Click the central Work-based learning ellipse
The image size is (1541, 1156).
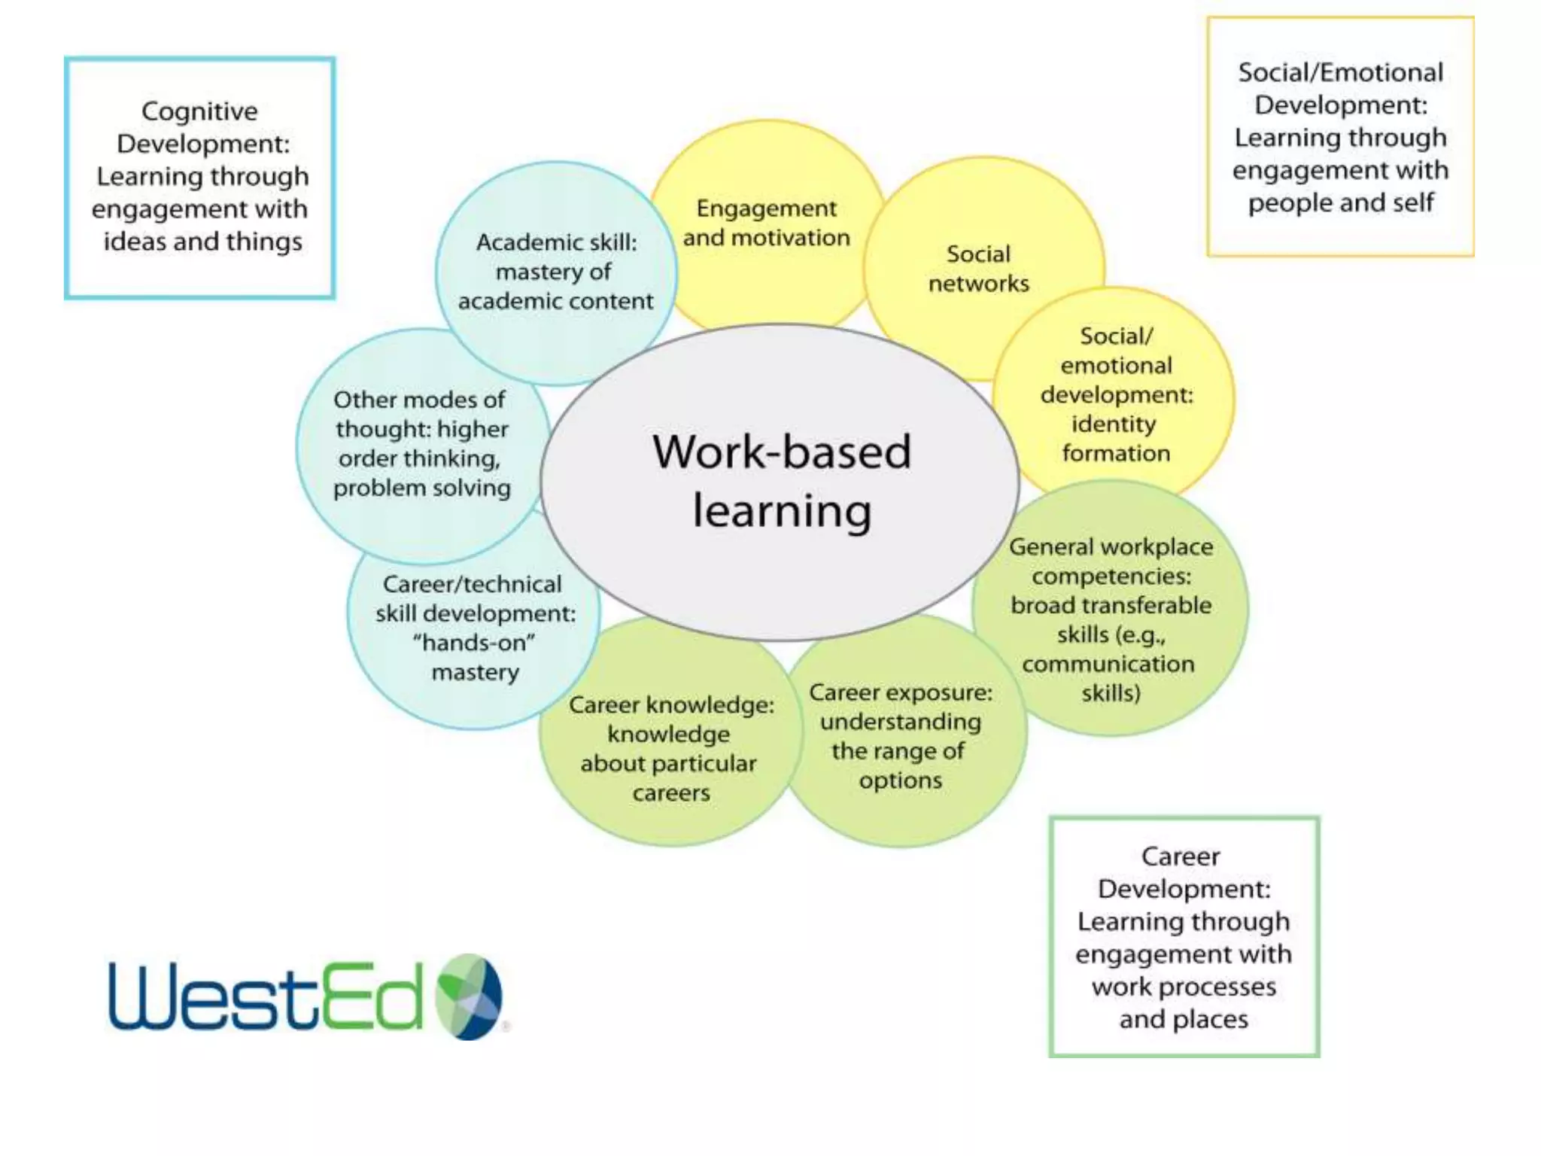click(781, 482)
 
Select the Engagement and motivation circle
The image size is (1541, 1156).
click(766, 223)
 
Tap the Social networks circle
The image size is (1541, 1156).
click(978, 269)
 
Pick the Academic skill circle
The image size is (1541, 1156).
click(556, 272)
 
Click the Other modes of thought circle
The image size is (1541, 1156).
click(421, 444)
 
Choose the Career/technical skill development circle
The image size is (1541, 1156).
click(475, 628)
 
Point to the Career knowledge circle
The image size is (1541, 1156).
click(670, 748)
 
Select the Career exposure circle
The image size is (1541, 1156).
click(901, 736)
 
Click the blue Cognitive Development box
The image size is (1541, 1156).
click(200, 178)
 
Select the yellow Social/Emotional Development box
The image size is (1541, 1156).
click(1340, 137)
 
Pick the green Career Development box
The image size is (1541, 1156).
click(1184, 937)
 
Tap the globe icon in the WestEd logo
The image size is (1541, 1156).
click(470, 996)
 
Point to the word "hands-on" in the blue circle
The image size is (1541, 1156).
click(475, 643)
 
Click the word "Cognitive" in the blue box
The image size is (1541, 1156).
click(199, 111)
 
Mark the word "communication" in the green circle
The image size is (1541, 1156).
click(1108, 664)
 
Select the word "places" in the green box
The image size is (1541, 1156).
click(1211, 1019)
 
